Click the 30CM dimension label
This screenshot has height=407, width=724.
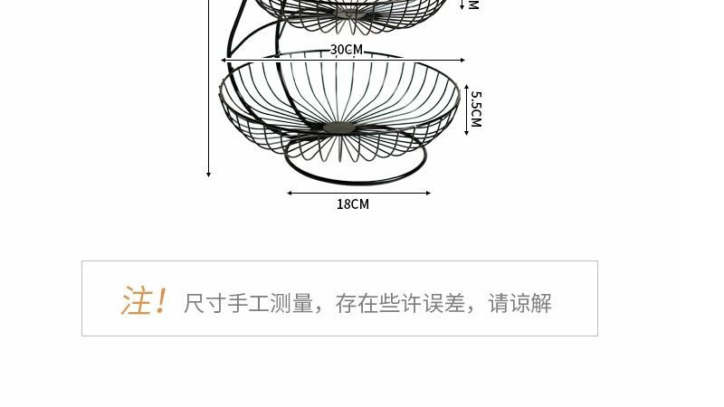pos(346,50)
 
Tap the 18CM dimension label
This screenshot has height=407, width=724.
pos(353,204)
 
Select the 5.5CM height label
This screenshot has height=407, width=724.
pos(476,109)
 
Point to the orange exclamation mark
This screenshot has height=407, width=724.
pos(161,301)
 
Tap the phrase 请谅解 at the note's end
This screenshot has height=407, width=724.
pos(520,304)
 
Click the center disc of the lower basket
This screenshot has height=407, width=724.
pos(339,127)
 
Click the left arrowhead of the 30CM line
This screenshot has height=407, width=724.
pos(224,61)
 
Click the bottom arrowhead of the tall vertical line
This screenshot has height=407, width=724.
pos(209,174)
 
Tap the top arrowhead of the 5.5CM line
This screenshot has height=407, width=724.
pos(467,88)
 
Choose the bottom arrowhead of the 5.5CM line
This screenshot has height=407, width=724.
pos(467,132)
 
